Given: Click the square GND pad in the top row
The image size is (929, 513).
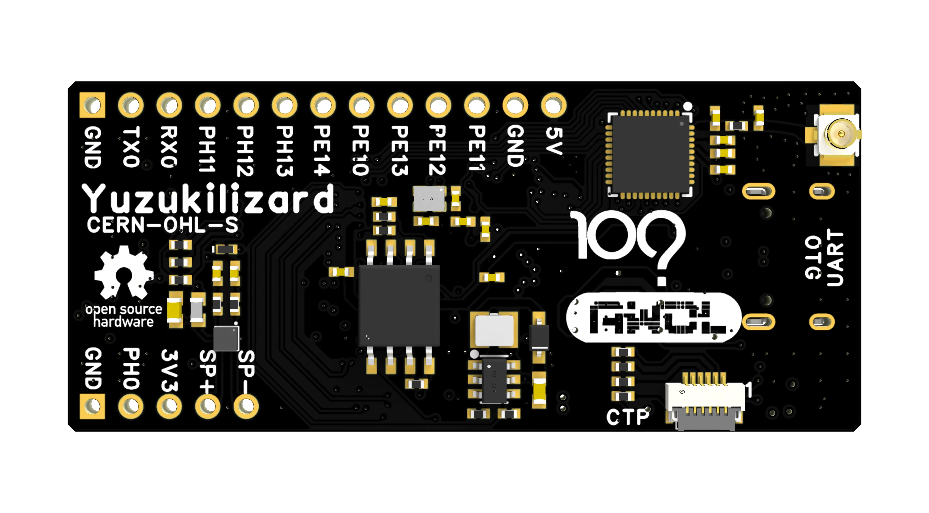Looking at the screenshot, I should [92, 105].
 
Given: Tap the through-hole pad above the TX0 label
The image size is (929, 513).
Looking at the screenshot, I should [131, 105].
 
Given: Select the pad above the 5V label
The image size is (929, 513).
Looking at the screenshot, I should [554, 105].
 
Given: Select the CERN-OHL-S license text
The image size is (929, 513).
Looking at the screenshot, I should [162, 225].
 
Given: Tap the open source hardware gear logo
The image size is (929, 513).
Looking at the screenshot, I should [124, 273].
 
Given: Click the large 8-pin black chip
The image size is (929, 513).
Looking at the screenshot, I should [399, 305].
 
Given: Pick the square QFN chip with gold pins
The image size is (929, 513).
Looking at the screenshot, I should [650, 154].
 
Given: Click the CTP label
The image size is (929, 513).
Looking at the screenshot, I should [628, 417].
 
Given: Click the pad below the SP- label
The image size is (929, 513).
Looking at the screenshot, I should [246, 406].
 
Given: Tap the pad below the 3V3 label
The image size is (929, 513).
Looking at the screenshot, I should [169, 406].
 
